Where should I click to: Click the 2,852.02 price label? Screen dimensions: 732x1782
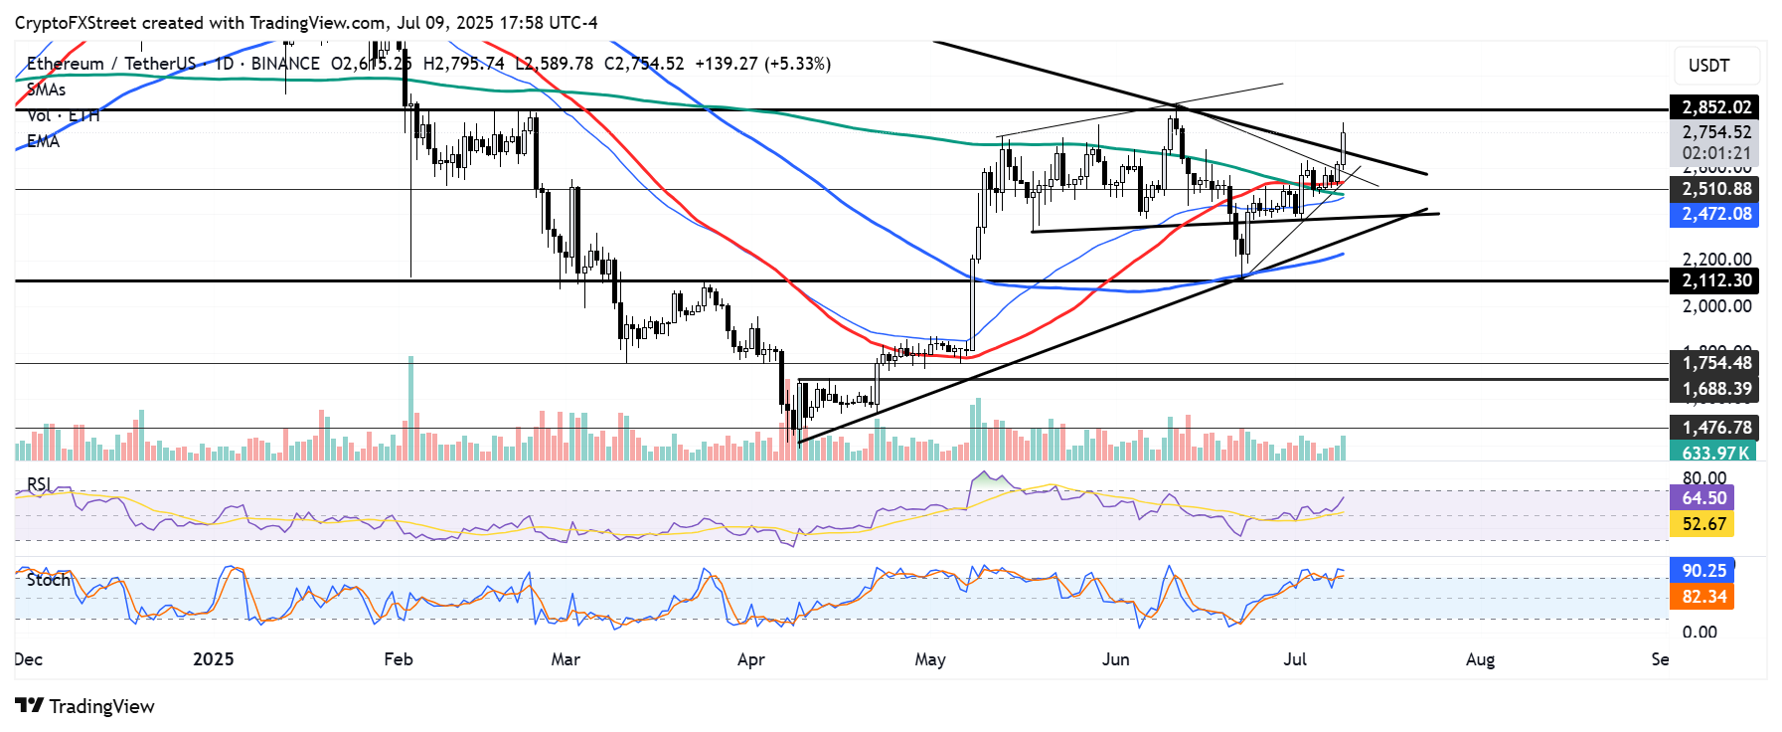1715,107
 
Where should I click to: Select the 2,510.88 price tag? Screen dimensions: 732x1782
1715,189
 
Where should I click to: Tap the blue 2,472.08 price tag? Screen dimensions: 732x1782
1715,214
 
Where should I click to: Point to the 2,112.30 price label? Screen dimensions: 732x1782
1715,280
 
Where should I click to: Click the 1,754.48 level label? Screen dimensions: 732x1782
1715,363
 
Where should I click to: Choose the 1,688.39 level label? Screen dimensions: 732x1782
1715,389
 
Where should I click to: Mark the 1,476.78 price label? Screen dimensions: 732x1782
1715,428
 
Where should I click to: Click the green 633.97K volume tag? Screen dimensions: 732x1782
1713,453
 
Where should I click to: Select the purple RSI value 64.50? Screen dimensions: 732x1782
1703,498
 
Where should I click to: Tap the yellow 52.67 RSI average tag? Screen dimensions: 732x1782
1703,524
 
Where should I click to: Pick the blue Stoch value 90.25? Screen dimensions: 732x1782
1703,571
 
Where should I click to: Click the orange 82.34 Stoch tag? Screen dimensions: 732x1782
1703,597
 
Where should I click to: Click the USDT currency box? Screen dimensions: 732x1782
1708,66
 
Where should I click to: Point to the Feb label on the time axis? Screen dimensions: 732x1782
398,659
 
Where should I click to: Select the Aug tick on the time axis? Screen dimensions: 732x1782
1480,659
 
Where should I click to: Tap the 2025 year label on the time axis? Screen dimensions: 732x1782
213,659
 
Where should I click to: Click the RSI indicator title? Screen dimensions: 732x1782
39,484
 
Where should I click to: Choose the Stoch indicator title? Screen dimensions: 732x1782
49,579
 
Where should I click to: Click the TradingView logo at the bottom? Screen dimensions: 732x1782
85,706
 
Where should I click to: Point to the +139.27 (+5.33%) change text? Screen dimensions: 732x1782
762,64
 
